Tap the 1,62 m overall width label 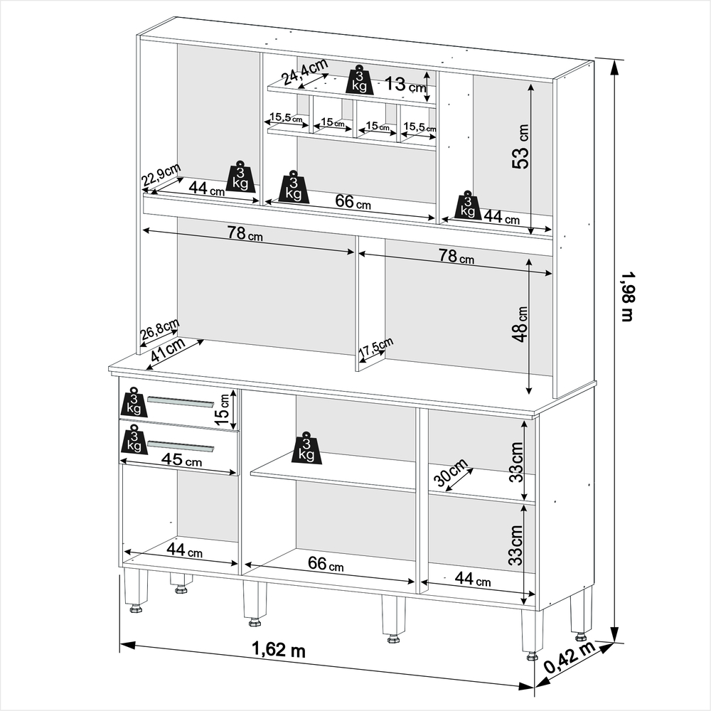pyautogui.click(x=279, y=649)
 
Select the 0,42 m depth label pyautogui.click(x=569, y=658)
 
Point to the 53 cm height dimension pyautogui.click(x=520, y=146)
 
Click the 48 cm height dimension pyautogui.click(x=520, y=324)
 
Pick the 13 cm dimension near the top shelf pyautogui.click(x=405, y=85)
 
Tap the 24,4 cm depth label pyautogui.click(x=305, y=71)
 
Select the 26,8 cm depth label pyautogui.click(x=159, y=329)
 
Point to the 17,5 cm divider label pyautogui.click(x=376, y=347)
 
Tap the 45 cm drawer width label pyautogui.click(x=181, y=460)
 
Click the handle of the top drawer pyautogui.click(x=181, y=402)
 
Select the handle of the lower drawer pyautogui.click(x=181, y=446)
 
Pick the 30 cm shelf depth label pyautogui.click(x=450, y=471)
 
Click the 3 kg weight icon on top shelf pyautogui.click(x=359, y=81)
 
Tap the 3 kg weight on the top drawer pyautogui.click(x=134, y=402)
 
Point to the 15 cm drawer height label pyautogui.click(x=223, y=409)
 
